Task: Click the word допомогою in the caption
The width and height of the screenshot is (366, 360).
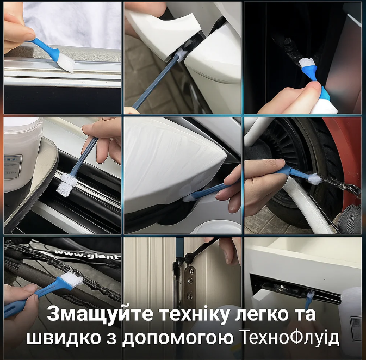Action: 178,338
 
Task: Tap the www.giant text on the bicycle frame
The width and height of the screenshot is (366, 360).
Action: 87,255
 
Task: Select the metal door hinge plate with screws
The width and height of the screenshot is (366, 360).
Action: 190,285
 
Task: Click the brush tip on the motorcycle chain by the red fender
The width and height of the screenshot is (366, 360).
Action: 315,179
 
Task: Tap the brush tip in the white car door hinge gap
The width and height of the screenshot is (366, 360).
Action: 181,56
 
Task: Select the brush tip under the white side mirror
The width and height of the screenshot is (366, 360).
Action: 188,197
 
